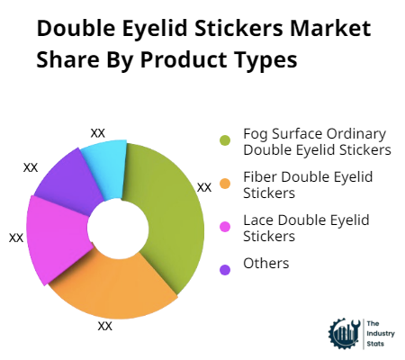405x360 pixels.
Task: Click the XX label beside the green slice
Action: tap(204, 187)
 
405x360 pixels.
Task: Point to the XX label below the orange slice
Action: tap(104, 325)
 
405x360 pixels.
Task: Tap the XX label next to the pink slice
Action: tap(16, 238)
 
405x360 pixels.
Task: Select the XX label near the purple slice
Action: tap(31, 167)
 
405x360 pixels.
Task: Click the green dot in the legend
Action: tap(225, 140)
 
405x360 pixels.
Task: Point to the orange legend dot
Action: tap(225, 184)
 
